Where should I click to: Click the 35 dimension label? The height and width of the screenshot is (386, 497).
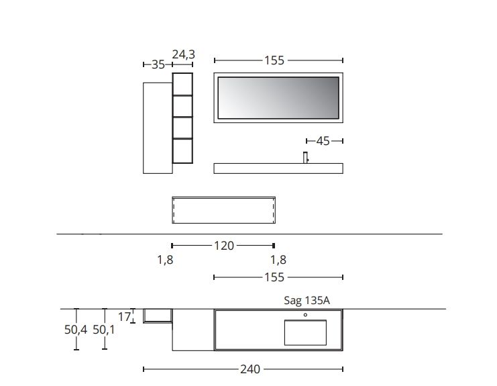(x=158, y=65)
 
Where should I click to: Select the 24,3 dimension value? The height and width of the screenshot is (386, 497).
(x=183, y=54)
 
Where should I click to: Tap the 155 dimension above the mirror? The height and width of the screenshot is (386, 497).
(x=274, y=60)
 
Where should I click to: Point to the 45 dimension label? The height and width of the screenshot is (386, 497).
(x=323, y=141)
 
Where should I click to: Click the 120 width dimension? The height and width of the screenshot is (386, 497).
(x=223, y=246)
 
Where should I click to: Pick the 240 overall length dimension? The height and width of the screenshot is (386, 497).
(x=250, y=369)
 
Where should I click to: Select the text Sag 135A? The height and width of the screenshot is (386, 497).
(x=307, y=301)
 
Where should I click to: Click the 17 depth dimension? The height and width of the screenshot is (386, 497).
(x=124, y=316)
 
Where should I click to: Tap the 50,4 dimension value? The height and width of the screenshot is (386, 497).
(x=74, y=330)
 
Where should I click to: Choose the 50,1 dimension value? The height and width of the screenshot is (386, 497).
(x=104, y=330)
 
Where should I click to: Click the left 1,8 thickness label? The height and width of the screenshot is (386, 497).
(x=165, y=260)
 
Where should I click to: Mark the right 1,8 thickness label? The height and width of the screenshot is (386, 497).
(x=278, y=260)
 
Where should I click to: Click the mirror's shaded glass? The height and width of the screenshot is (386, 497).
(x=278, y=97)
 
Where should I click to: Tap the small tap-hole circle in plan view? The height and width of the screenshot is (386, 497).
(x=305, y=314)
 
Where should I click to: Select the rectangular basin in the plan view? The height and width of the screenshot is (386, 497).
(x=305, y=332)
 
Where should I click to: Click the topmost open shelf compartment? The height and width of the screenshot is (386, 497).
(x=182, y=84)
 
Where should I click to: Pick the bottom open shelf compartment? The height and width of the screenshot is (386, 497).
(x=182, y=150)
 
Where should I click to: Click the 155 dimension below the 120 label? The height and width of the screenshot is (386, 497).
(x=274, y=277)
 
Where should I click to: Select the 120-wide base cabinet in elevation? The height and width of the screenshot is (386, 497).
(x=223, y=209)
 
